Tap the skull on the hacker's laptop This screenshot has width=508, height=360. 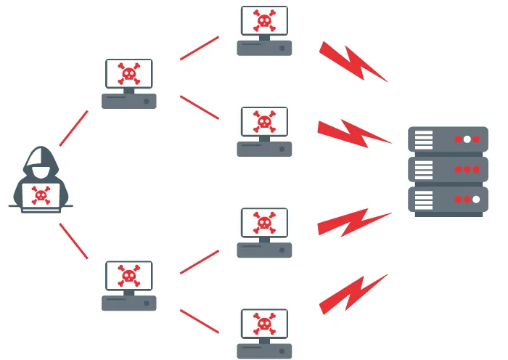coord(41,195)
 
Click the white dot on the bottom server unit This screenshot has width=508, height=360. coord(476,199)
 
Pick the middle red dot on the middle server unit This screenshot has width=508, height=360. coord(467,169)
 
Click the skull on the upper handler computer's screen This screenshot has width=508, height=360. coord(128,73)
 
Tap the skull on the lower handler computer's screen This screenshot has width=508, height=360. coord(128,276)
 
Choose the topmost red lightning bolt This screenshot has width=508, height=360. coord(353,62)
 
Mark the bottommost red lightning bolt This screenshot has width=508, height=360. coord(353,292)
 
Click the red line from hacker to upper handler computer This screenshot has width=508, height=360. coord(73,128)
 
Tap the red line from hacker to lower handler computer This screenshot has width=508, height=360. coord(73,241)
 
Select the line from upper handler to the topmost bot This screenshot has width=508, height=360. coord(199,47)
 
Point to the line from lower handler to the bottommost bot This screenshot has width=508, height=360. coord(199,322)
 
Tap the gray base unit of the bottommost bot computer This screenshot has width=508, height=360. coord(264,351)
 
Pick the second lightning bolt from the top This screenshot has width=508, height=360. coord(353,132)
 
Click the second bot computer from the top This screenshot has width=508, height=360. coord(264,131)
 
